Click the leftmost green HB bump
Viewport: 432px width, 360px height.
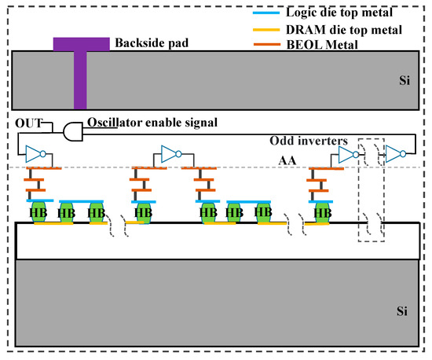pos(37,212)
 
